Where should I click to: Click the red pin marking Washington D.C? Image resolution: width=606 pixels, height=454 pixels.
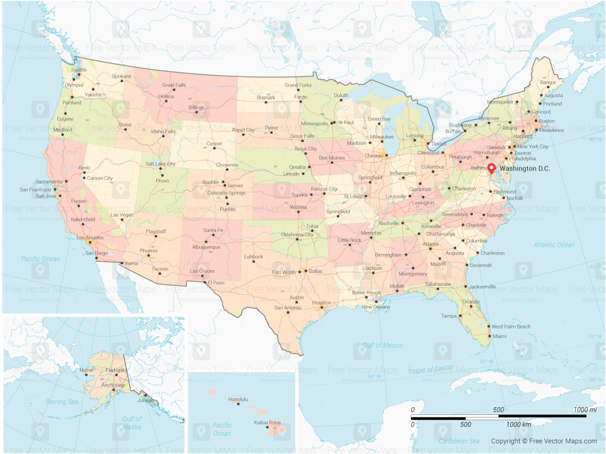(x=491, y=167)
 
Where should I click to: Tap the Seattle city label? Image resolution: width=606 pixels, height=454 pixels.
(x=79, y=70)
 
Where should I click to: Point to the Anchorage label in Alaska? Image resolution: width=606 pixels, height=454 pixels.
(x=114, y=385)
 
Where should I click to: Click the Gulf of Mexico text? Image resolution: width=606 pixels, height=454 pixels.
(x=383, y=345)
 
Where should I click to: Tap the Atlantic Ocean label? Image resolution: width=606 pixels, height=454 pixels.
(x=554, y=244)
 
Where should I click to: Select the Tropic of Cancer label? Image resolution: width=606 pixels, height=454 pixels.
(x=431, y=370)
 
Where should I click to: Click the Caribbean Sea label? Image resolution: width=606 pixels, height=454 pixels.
(x=459, y=441)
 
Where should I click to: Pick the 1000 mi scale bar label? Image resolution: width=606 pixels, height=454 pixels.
(x=584, y=410)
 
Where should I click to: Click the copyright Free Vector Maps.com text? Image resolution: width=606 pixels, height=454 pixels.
(x=544, y=441)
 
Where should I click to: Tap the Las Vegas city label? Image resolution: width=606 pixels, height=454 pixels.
(x=122, y=214)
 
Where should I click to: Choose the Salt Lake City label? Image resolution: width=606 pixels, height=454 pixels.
(x=160, y=163)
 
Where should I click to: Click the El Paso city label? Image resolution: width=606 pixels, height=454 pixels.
(x=215, y=283)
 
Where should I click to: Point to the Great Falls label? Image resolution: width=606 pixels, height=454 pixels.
(x=173, y=85)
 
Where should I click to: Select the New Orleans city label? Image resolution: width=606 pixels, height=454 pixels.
(x=376, y=307)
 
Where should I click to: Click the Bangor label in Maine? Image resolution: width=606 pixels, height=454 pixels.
(x=548, y=82)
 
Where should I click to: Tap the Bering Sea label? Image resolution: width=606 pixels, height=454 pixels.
(x=62, y=402)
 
